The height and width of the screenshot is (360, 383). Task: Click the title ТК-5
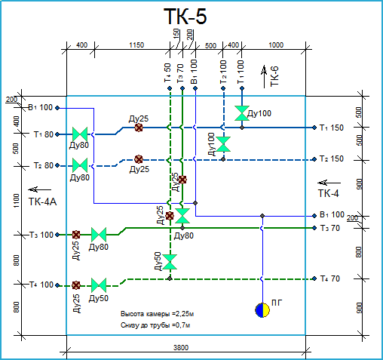[185, 16]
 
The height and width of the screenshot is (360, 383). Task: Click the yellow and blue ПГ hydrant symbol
[262, 310]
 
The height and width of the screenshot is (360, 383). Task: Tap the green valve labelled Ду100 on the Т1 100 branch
[242, 113]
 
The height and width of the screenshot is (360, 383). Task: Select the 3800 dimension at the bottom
[181, 348]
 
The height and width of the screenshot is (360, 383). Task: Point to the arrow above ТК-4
[329, 183]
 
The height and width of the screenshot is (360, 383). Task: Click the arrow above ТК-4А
[39, 189]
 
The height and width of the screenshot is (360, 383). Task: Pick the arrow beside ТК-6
[264, 77]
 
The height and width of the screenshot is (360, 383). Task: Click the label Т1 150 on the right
[332, 128]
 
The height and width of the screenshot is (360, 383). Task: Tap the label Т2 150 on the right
[332, 159]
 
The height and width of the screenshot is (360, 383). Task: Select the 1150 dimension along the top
[136, 45]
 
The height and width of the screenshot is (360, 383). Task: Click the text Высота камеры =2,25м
[157, 314]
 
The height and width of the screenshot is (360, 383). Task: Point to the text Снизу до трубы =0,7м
[155, 325]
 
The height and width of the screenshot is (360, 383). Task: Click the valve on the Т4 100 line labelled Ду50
[99, 285]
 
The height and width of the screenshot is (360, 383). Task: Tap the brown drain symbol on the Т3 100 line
[76, 235]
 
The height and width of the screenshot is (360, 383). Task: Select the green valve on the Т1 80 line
[80, 134]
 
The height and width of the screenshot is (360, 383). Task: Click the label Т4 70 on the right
[330, 278]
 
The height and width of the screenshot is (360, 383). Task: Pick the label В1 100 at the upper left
[41, 108]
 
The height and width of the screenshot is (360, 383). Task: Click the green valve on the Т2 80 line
[80, 165]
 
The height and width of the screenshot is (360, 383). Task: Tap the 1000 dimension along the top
[276, 45]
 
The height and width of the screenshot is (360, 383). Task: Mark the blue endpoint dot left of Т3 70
[314, 228]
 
